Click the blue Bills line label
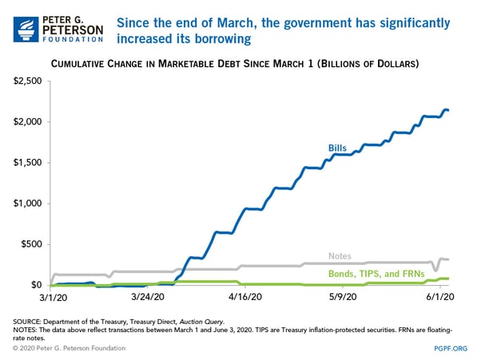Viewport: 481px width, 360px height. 338,148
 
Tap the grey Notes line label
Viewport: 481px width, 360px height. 340,256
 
